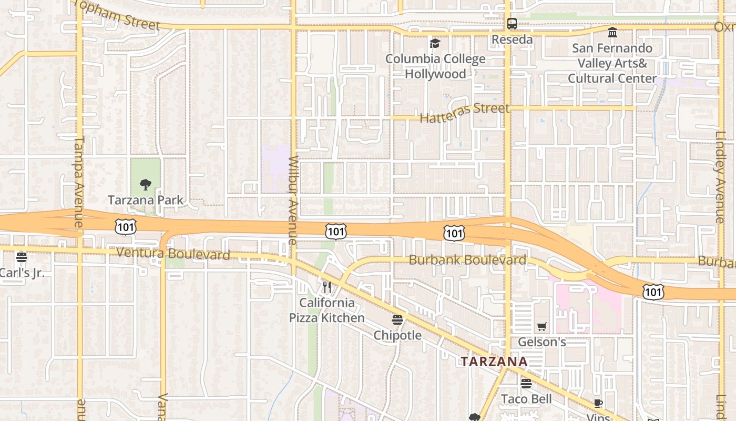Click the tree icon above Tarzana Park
point(146,185)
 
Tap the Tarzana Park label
point(146,200)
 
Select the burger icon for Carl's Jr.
point(21,257)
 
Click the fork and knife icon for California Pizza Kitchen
point(327,287)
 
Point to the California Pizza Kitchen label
point(326,310)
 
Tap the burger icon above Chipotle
point(397,320)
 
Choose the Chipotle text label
point(397,335)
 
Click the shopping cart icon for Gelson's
point(542,326)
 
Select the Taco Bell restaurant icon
point(526,383)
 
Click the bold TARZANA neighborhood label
point(494,362)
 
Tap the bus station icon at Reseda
point(512,24)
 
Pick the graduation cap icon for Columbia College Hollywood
point(435,43)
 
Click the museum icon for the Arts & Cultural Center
point(612,33)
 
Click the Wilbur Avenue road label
point(293,200)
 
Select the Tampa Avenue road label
point(79,182)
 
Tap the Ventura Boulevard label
point(173,253)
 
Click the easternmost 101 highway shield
point(652,292)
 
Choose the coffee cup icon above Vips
point(598,404)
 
